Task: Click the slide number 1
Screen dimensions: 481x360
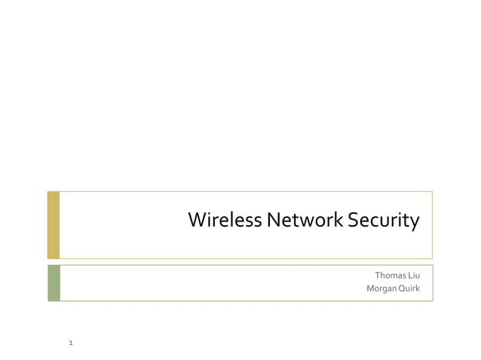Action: click(x=70, y=343)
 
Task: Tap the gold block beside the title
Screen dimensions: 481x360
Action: click(x=53, y=224)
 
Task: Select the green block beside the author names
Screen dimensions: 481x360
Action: click(x=53, y=282)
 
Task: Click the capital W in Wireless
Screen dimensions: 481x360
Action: click(x=196, y=221)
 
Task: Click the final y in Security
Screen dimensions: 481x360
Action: click(x=413, y=223)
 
